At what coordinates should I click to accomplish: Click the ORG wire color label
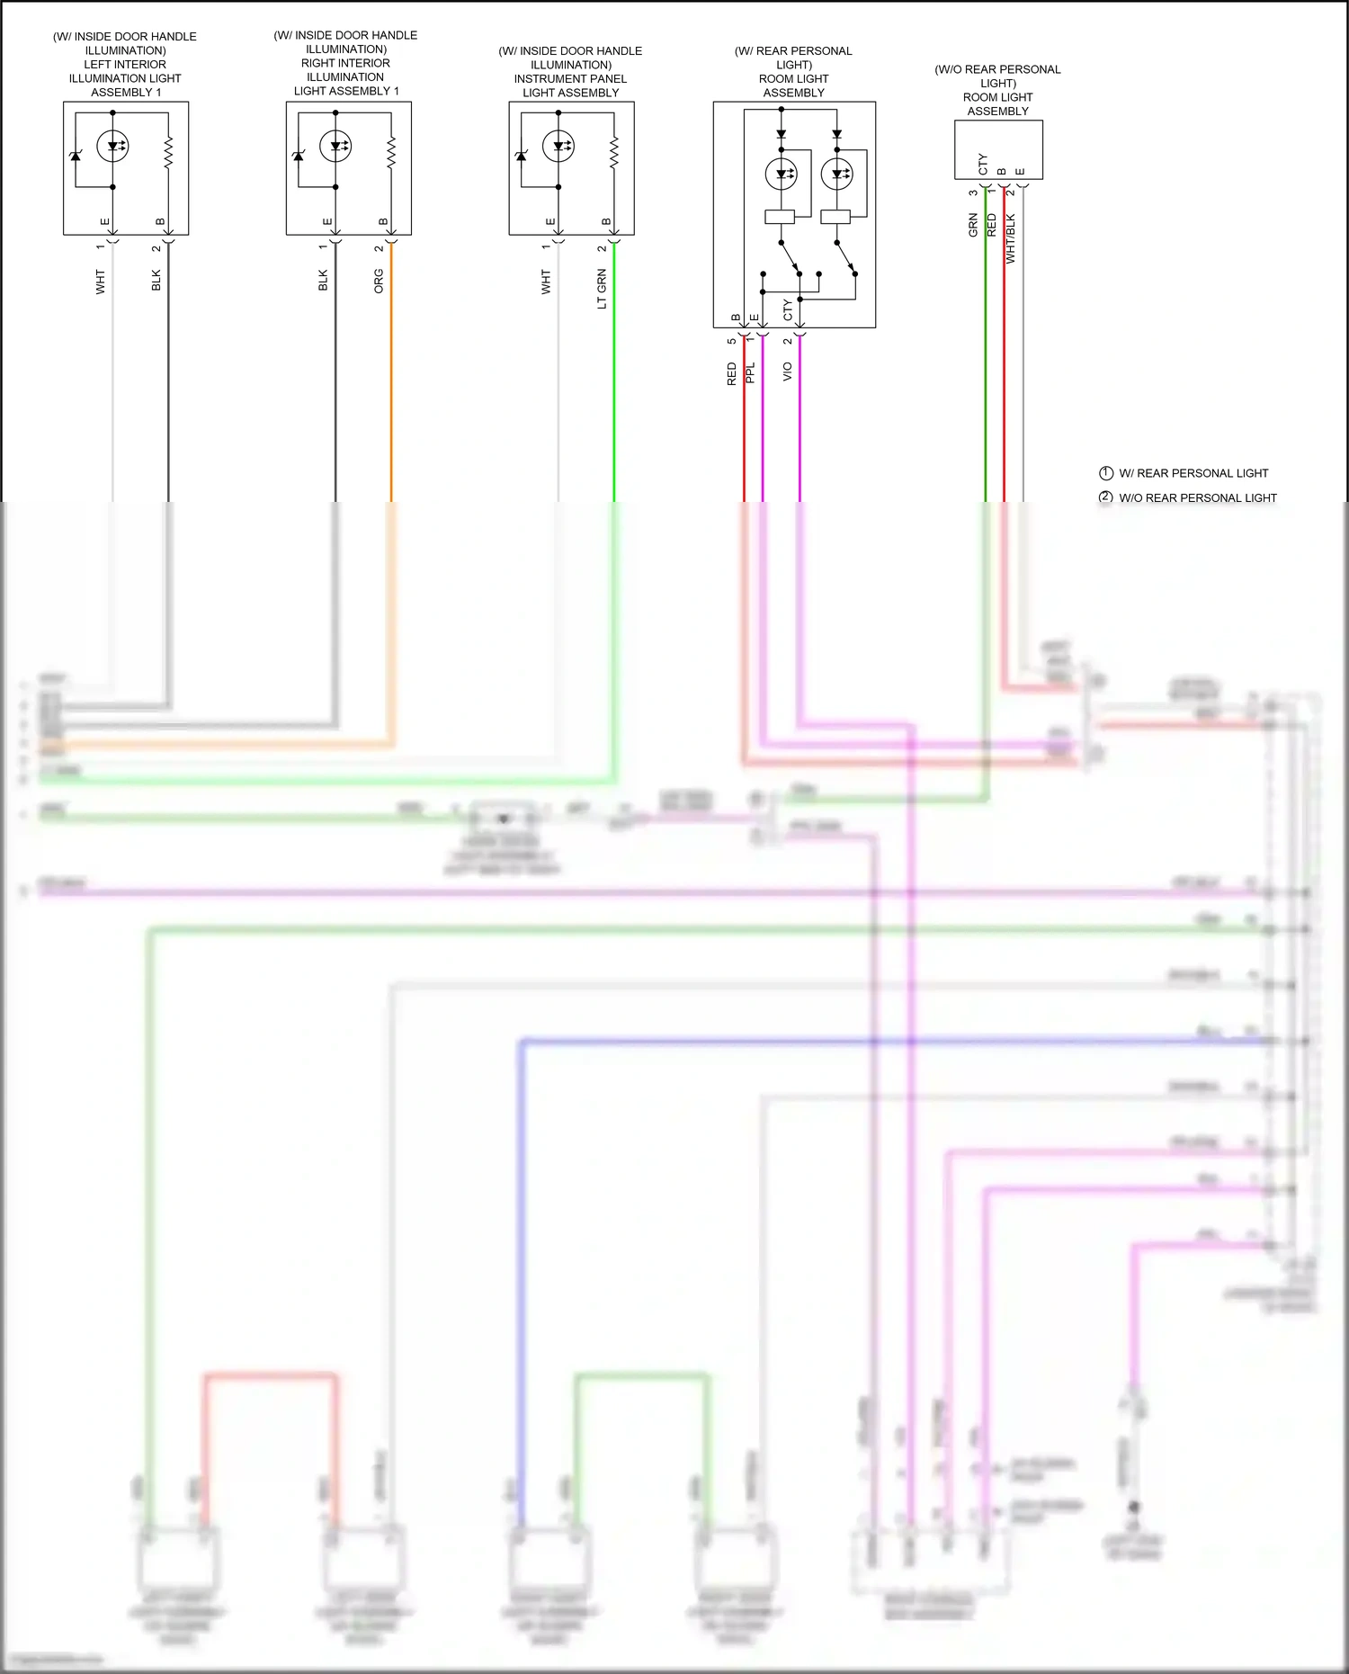(x=379, y=281)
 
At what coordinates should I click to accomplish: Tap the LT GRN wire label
(x=602, y=289)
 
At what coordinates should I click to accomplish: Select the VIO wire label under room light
(x=787, y=372)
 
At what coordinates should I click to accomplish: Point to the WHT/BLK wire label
(x=1010, y=238)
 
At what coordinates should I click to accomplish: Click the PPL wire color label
(x=751, y=373)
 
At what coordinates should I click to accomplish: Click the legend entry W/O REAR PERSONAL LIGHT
(x=1197, y=497)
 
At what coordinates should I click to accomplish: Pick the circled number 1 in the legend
(x=1106, y=473)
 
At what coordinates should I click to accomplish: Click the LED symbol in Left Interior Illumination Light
(x=113, y=146)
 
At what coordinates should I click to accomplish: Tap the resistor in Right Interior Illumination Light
(x=391, y=153)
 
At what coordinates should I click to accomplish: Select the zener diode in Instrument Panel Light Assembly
(x=521, y=156)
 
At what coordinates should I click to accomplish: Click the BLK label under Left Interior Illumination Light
(x=156, y=280)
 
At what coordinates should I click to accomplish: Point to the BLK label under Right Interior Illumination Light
(x=323, y=280)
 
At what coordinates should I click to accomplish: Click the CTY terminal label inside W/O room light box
(x=982, y=164)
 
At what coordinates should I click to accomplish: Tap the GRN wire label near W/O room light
(x=972, y=225)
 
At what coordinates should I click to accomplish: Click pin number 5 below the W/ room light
(x=731, y=341)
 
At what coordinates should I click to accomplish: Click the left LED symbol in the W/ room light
(x=781, y=174)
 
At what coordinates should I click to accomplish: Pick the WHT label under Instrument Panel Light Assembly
(x=546, y=282)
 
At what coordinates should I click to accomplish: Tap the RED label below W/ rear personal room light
(x=731, y=373)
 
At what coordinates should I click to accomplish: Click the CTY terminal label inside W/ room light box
(x=788, y=309)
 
